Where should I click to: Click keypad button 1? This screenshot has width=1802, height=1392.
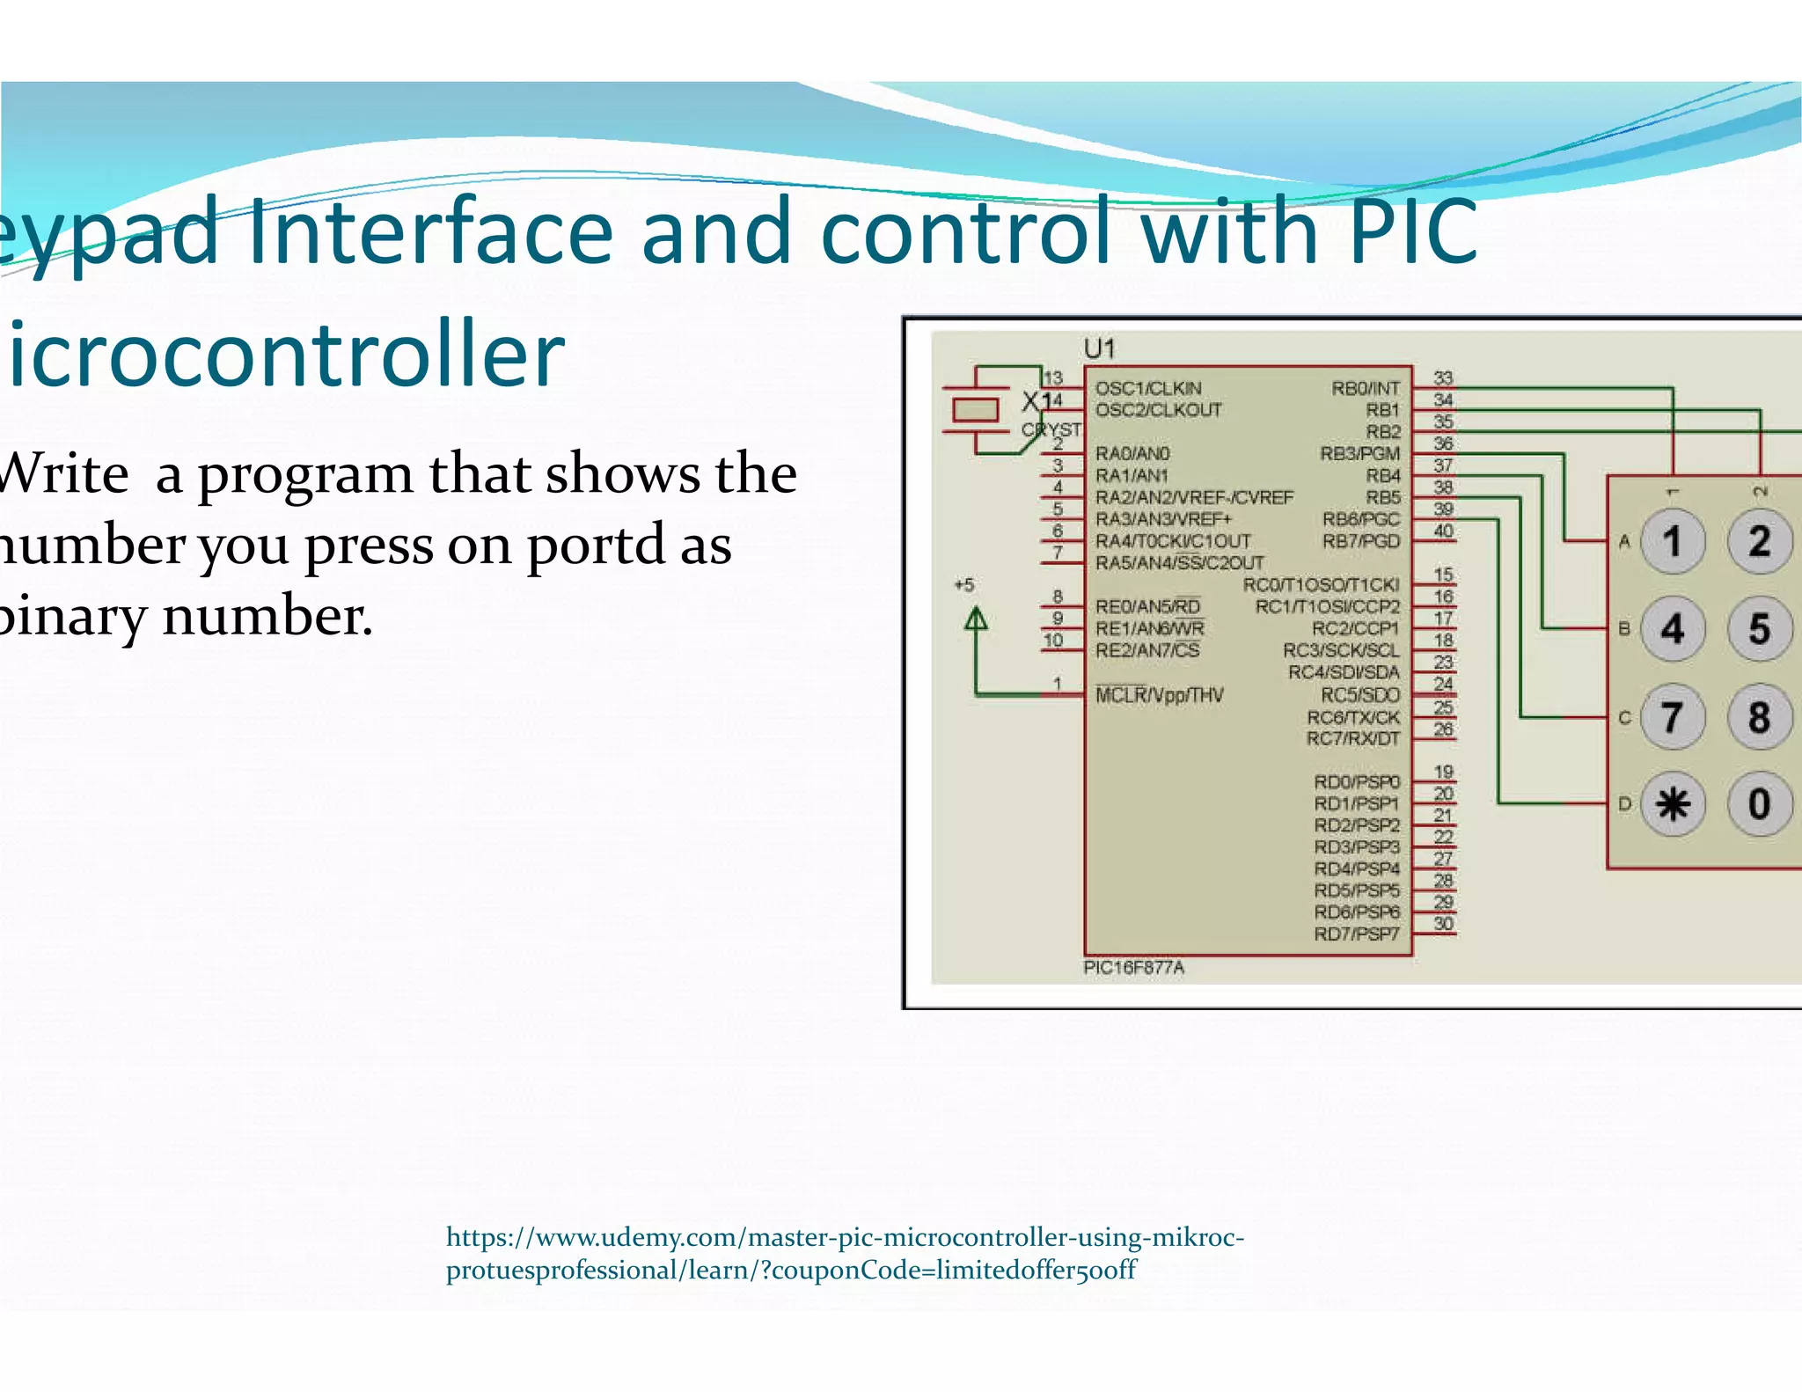(x=1672, y=541)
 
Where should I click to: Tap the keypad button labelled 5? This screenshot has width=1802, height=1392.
(x=1759, y=628)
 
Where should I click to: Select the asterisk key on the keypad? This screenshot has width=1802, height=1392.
(x=1672, y=803)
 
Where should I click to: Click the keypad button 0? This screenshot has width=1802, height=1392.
(x=1759, y=803)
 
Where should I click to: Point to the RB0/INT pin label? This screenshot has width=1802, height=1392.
(x=1365, y=388)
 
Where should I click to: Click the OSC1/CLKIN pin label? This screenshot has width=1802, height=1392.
(x=1147, y=388)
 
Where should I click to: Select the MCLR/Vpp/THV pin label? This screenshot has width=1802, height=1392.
(x=1159, y=695)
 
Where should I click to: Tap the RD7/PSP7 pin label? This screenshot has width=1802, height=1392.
(x=1356, y=934)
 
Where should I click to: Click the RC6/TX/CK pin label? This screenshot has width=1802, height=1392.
(x=1352, y=717)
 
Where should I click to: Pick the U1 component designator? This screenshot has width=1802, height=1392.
(x=1099, y=349)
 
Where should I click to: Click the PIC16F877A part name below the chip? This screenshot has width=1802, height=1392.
(x=1133, y=967)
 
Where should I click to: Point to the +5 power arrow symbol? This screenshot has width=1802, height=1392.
(x=976, y=620)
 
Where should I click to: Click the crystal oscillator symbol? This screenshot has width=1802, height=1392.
(x=976, y=410)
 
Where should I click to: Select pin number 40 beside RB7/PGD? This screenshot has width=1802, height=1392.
(x=1443, y=531)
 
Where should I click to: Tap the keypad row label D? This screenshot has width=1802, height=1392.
(x=1624, y=803)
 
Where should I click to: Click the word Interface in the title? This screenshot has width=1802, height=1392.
(x=430, y=231)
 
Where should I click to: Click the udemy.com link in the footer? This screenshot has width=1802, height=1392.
(x=845, y=1253)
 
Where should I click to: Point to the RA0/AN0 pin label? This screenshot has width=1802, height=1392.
(x=1132, y=453)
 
